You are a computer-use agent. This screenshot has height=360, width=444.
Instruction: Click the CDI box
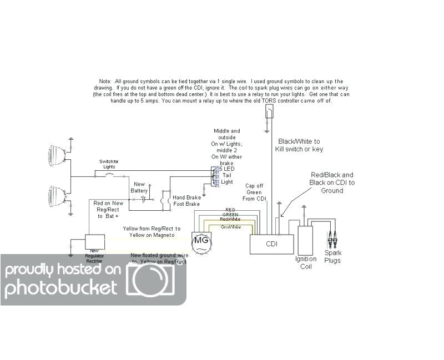pyautogui.click(x=271, y=244)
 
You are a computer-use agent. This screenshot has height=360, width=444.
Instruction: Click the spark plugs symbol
pyautogui.click(x=332, y=239)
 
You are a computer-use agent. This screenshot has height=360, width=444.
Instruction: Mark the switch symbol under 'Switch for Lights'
pyautogui.click(x=109, y=176)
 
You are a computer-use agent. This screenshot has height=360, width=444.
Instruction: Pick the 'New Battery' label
pyautogui.click(x=139, y=187)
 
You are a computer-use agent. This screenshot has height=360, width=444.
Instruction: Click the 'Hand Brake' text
pyautogui.click(x=186, y=198)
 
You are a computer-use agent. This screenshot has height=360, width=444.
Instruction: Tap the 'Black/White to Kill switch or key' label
pyautogui.click(x=299, y=145)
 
